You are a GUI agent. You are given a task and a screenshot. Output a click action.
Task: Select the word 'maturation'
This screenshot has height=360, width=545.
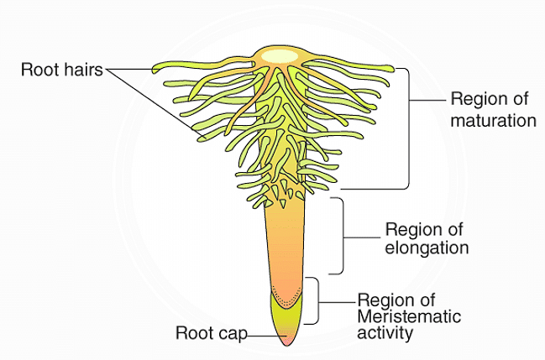[x=493, y=120]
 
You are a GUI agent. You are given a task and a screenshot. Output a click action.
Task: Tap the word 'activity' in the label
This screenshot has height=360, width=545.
[x=385, y=333]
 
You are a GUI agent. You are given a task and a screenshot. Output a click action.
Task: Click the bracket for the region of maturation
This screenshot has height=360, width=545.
[x=409, y=126]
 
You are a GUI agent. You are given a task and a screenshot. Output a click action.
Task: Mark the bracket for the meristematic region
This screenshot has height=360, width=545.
[x=318, y=300]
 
